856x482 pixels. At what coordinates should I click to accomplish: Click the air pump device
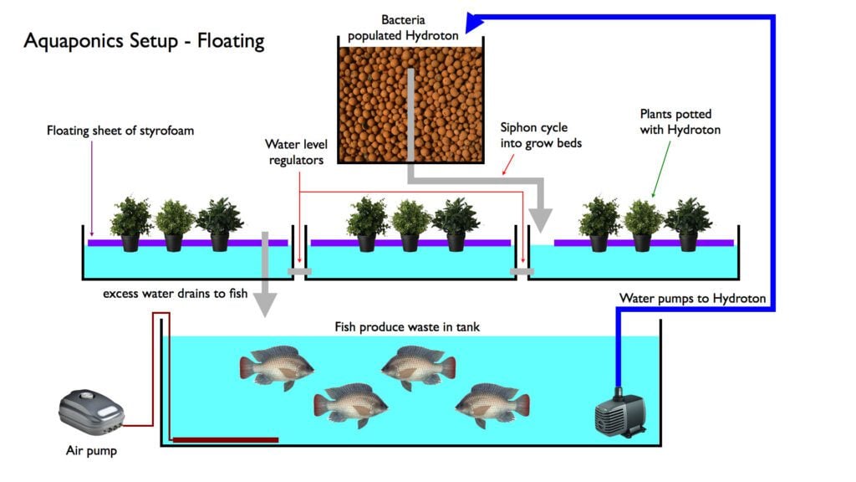[92, 412]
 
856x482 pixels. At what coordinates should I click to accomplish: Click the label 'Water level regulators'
[294, 151]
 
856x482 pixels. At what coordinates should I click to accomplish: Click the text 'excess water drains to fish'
[176, 294]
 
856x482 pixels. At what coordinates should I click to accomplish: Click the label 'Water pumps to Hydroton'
[692, 298]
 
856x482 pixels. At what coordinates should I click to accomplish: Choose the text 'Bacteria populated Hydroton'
[409, 27]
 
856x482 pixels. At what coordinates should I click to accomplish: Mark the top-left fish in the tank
[277, 367]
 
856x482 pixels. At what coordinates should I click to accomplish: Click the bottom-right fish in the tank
[492, 405]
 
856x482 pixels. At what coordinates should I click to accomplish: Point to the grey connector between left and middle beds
[299, 272]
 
